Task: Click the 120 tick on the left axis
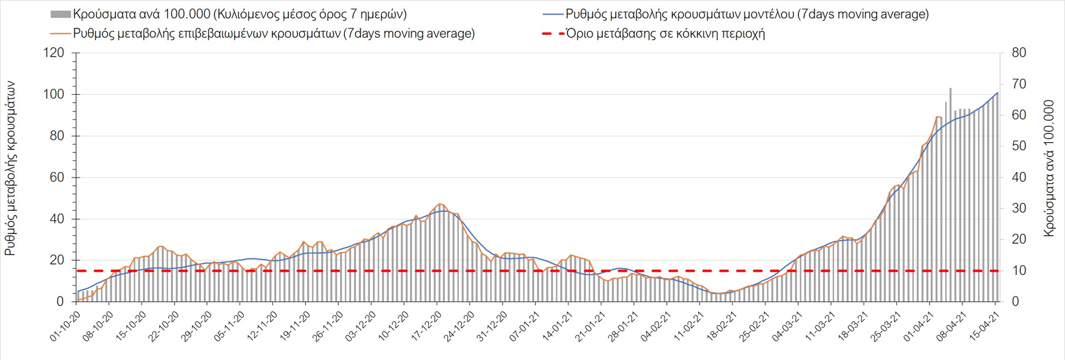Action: (x=54, y=53)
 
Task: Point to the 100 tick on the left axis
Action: (x=54, y=94)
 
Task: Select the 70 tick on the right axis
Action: (x=1019, y=84)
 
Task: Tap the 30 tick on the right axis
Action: (x=1019, y=209)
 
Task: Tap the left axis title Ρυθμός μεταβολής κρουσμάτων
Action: (x=10, y=169)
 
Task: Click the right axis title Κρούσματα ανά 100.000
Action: (x=1049, y=169)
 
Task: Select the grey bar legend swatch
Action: (x=60, y=14)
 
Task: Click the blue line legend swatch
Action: (x=552, y=14)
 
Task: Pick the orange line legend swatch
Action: (x=60, y=33)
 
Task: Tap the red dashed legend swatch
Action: (x=552, y=33)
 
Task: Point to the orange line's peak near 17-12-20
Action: (x=439, y=204)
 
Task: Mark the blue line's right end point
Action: (x=998, y=93)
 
